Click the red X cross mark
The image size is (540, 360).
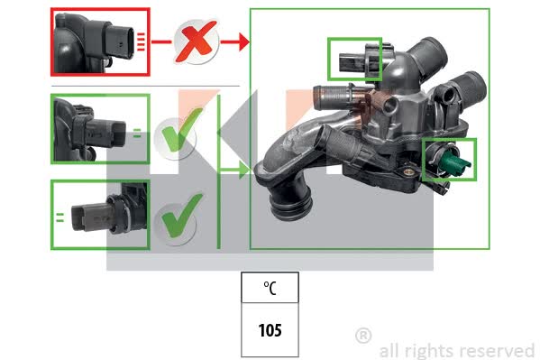click(197, 42)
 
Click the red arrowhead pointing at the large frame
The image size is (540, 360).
click(243, 42)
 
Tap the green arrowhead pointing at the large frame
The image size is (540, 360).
click(243, 170)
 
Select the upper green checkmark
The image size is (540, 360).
click(181, 130)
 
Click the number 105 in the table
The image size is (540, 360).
click(270, 330)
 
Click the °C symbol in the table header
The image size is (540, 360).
click(270, 288)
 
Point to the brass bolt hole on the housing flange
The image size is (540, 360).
click(408, 171)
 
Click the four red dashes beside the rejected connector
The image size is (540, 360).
click(141, 42)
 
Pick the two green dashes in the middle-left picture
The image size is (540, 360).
click(137, 134)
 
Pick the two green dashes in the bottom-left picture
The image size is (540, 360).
click(59, 217)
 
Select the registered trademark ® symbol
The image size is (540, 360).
click(363, 336)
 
